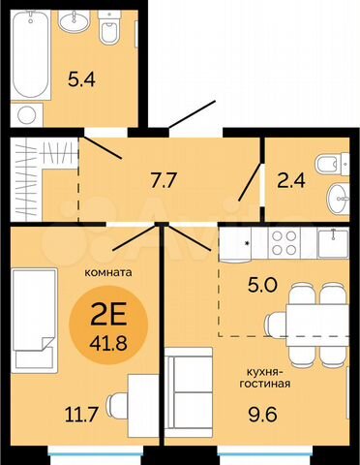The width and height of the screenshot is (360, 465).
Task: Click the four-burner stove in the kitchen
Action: tap(287, 243)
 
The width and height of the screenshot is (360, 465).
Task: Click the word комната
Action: tap(107, 272)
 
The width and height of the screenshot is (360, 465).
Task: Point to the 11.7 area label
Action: tap(56, 415)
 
